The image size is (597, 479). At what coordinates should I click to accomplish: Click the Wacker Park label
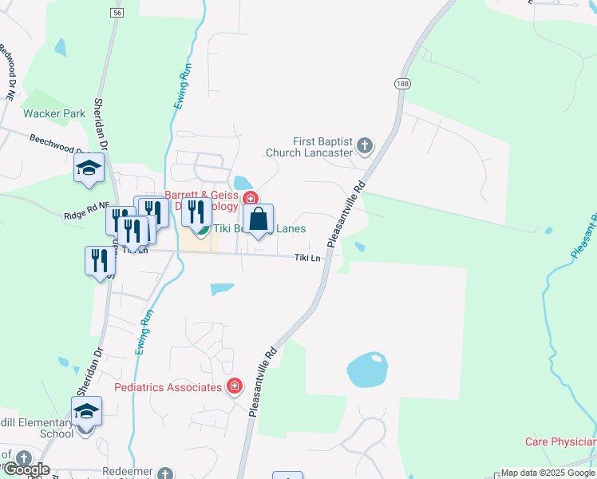click(54, 113)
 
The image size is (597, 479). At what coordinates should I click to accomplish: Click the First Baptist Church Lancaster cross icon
click(365, 145)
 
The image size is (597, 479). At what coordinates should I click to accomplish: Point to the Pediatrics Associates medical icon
click(234, 387)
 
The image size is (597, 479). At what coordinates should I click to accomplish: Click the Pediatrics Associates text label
click(168, 387)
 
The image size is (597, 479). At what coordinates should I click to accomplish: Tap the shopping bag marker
click(259, 219)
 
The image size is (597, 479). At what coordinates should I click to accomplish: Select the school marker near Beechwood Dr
click(89, 168)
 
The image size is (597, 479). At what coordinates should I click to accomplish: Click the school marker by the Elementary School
click(87, 411)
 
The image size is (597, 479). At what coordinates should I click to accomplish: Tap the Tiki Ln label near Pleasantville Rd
click(307, 257)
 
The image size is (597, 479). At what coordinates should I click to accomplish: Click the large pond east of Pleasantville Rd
click(368, 370)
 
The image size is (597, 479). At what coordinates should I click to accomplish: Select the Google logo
click(26, 469)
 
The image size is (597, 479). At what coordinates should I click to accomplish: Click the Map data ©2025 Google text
click(548, 473)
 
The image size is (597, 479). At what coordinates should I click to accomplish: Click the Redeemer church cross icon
click(165, 473)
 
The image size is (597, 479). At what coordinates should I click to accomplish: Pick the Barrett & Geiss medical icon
click(250, 198)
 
